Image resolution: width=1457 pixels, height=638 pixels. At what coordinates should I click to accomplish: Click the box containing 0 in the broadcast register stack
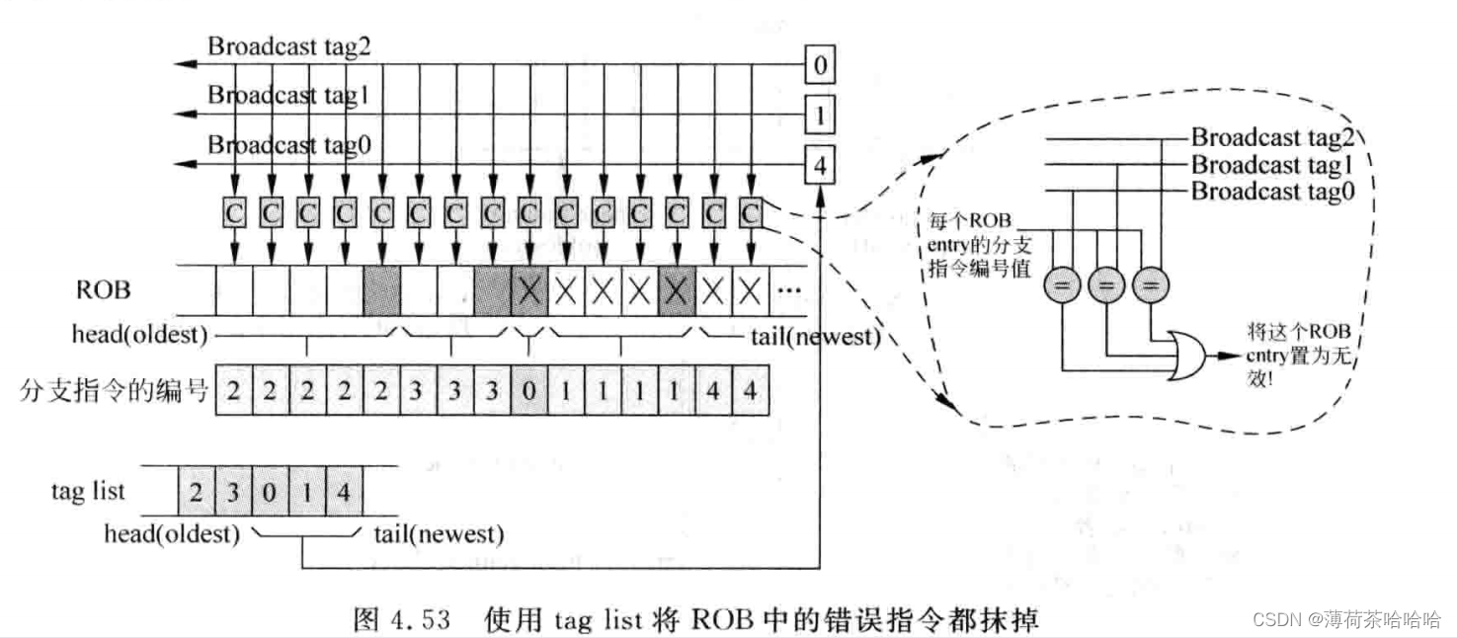(x=819, y=67)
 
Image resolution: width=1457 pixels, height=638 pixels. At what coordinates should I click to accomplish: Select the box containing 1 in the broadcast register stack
(x=819, y=117)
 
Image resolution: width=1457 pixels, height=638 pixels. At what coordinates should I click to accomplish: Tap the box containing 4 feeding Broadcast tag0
(x=819, y=165)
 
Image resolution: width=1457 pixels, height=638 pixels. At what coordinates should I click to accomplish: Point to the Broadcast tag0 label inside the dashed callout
(x=1271, y=192)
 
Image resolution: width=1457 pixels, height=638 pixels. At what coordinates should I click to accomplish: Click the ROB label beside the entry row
(x=104, y=290)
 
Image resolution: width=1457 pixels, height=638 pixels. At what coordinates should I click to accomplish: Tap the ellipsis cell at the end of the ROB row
(x=789, y=290)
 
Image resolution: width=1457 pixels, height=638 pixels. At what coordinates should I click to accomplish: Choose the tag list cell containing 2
(x=196, y=491)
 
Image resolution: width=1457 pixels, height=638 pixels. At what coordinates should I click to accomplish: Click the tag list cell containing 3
(x=232, y=491)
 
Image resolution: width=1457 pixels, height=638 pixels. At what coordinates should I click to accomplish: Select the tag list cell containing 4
(x=343, y=491)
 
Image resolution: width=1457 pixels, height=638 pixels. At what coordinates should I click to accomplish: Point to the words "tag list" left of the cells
(x=88, y=491)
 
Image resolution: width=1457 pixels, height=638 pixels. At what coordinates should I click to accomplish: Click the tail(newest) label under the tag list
(x=439, y=535)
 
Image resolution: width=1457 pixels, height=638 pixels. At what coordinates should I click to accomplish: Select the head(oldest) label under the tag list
(x=173, y=535)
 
